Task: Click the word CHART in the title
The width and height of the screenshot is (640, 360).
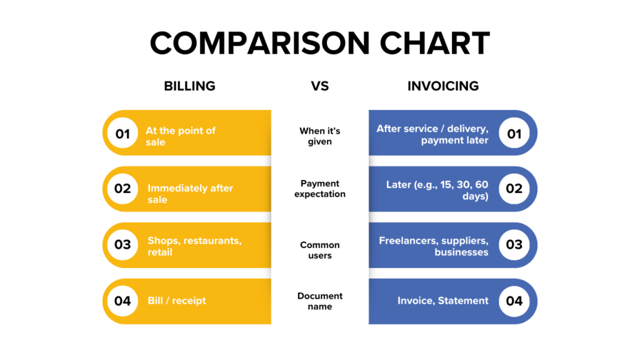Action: tap(428, 44)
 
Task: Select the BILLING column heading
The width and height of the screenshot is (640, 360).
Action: tap(189, 86)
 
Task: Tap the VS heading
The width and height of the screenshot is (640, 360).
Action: tap(320, 86)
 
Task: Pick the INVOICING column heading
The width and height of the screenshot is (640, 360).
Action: tap(443, 86)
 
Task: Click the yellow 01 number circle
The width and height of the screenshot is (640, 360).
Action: tap(122, 133)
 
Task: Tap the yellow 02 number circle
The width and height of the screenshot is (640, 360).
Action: tap(122, 189)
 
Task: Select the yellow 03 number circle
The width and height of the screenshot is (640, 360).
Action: tap(122, 244)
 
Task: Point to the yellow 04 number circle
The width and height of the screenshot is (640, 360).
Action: tap(122, 301)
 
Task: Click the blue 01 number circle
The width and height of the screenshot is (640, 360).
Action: tap(514, 133)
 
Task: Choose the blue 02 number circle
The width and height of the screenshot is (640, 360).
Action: tap(514, 189)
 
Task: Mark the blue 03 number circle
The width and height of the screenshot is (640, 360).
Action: tap(514, 244)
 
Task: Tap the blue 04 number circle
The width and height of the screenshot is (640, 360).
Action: tap(514, 301)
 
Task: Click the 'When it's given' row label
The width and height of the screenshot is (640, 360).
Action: tap(320, 136)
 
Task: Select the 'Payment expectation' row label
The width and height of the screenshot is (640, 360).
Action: tap(320, 189)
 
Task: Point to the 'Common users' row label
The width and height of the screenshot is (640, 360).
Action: tap(320, 250)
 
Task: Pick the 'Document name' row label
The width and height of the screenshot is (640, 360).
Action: tap(320, 301)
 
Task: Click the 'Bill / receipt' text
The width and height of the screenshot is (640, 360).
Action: tap(177, 301)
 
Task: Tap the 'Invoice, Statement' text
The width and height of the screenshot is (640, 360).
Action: tap(443, 301)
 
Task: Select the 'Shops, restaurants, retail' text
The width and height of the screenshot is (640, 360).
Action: tap(194, 246)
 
